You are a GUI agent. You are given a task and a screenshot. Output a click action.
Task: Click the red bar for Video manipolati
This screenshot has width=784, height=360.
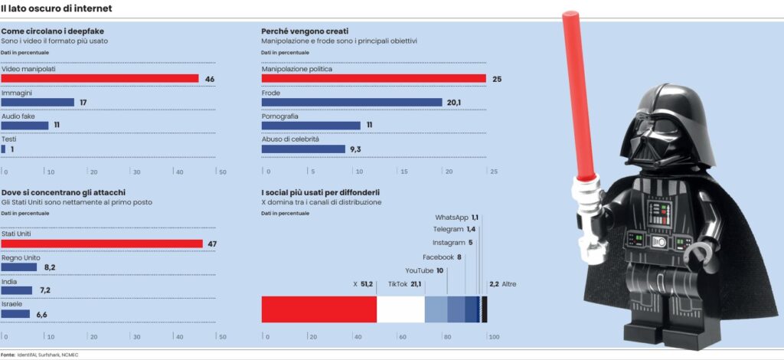click(x=100, y=79)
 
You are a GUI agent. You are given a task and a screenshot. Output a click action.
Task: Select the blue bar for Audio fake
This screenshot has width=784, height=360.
click(x=24, y=126)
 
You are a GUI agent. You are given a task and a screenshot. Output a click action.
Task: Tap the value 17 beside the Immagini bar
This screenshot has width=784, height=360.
click(x=83, y=103)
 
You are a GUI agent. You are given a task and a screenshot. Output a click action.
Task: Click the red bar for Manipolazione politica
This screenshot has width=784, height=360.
click(x=374, y=79)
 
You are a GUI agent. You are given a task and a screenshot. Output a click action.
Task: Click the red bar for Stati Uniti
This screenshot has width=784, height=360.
click(x=102, y=244)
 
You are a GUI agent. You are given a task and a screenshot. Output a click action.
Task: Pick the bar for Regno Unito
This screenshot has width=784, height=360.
click(x=19, y=267)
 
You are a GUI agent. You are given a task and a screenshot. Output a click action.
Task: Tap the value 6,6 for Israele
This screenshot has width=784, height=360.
click(x=41, y=314)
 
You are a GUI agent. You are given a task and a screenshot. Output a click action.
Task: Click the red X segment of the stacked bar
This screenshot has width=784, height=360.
click(x=319, y=309)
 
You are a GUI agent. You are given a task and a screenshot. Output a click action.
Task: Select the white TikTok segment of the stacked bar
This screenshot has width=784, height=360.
click(x=400, y=309)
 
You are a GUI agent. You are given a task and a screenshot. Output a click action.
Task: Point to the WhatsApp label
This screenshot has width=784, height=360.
click(x=452, y=218)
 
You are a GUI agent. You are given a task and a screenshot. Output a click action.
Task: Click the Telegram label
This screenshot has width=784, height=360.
click(x=448, y=229)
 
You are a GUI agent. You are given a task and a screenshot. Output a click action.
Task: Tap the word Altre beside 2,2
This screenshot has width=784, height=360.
click(x=509, y=284)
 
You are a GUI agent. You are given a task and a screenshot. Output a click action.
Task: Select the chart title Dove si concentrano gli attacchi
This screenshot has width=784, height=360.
click(x=64, y=192)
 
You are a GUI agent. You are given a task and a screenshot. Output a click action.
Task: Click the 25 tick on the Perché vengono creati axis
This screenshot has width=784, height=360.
click(x=494, y=172)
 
